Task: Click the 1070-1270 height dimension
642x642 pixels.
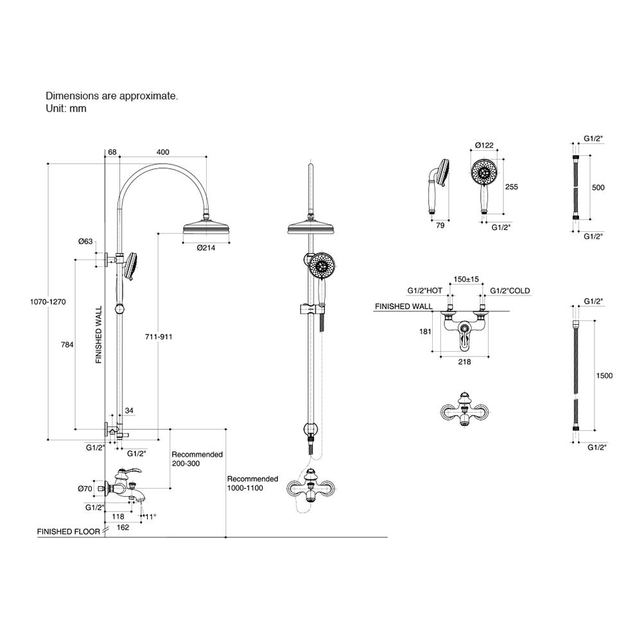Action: [x=48, y=302]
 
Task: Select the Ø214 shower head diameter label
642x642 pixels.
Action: [x=206, y=248]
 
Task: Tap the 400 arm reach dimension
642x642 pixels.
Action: [x=163, y=152]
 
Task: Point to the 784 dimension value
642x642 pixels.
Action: [x=67, y=345]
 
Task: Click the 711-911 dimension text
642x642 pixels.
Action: [x=159, y=336]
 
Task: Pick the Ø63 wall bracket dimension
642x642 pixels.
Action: [x=85, y=241]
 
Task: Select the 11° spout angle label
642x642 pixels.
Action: [x=150, y=517]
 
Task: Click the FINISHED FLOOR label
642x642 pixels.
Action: [x=69, y=532]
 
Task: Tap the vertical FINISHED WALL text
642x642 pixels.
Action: [x=99, y=335]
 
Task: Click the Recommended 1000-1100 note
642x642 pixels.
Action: [x=252, y=483]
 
